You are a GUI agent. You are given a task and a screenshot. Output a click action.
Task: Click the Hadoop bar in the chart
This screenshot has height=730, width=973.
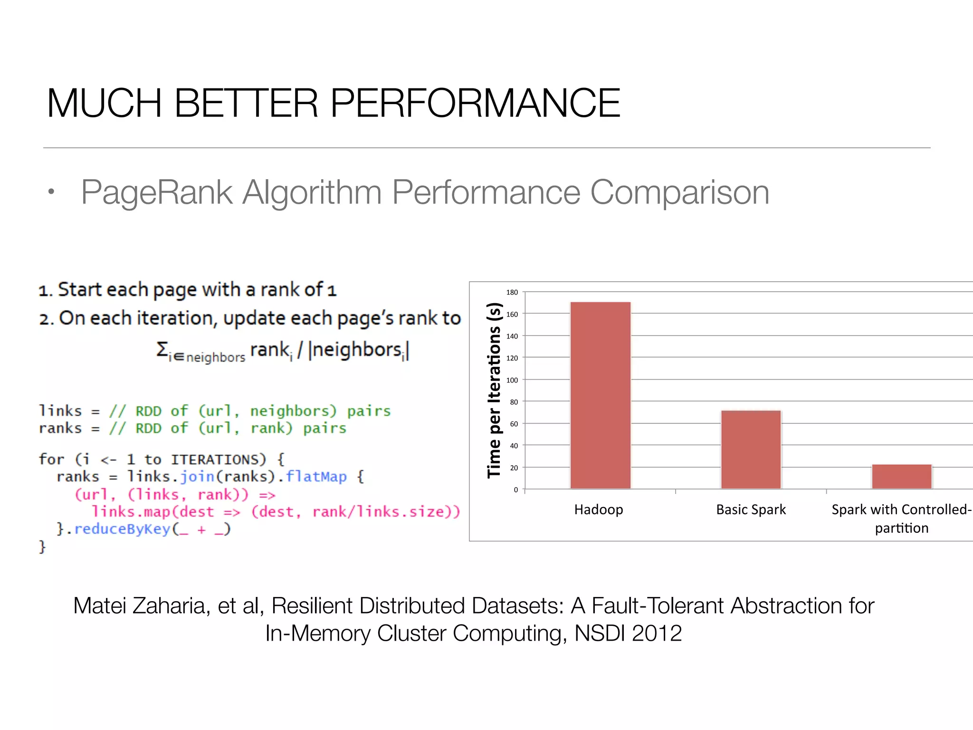point(601,394)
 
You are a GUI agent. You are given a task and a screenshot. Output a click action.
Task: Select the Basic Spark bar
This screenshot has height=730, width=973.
point(751,449)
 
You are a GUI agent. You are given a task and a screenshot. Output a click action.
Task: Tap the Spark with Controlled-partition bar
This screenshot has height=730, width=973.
point(901,476)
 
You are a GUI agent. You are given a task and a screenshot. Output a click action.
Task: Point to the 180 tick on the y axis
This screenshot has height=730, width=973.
point(512,292)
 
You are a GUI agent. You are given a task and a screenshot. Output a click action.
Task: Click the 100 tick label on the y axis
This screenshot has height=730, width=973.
point(512,380)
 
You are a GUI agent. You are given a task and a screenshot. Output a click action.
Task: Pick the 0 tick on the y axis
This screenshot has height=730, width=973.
point(515,490)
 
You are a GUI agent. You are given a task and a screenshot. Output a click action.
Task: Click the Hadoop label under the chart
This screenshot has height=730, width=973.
point(599,509)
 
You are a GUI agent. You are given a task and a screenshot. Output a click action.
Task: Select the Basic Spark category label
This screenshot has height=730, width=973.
point(751,509)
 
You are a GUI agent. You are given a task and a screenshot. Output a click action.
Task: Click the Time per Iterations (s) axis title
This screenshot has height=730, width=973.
point(494,390)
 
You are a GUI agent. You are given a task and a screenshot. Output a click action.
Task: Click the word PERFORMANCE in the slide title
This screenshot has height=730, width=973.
point(475,103)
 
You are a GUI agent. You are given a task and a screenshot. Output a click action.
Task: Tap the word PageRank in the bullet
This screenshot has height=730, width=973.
point(157,192)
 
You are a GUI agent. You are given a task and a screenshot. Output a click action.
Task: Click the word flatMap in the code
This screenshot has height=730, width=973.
point(316,476)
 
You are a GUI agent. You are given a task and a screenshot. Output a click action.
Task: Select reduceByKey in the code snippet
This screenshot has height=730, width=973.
point(122,529)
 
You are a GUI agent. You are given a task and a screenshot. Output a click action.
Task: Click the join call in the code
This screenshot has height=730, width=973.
point(197,476)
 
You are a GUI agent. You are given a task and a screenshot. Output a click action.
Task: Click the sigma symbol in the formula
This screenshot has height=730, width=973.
point(162,349)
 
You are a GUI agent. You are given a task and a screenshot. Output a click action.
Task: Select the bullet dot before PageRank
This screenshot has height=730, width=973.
point(51,192)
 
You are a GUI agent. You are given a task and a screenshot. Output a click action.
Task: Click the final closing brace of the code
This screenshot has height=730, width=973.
point(42,547)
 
